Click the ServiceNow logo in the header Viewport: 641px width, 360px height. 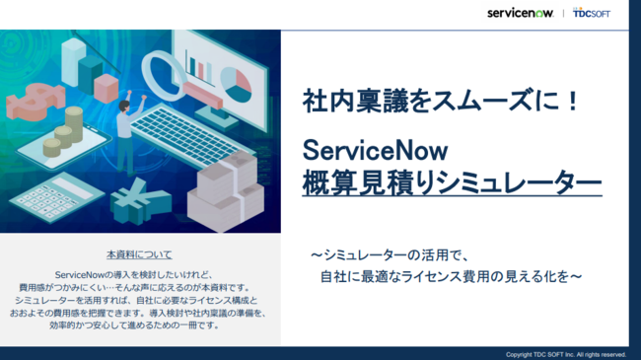point(525,14)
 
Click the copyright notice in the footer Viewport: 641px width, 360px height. point(565,354)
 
